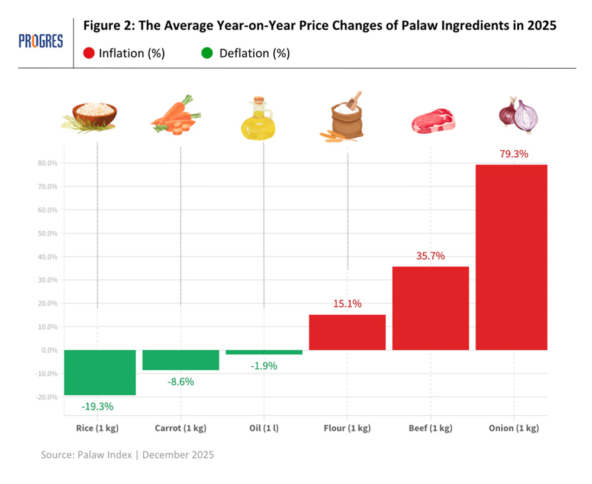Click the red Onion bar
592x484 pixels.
coord(511,257)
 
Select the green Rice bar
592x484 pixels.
coord(99,372)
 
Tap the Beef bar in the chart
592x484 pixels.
coord(430,308)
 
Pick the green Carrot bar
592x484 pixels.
coord(181,360)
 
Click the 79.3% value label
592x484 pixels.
coord(514,154)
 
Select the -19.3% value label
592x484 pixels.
coord(98,406)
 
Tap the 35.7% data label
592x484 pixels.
coord(430,256)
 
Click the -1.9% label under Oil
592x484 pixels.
coord(263,366)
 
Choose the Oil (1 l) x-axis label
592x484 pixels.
coord(263,428)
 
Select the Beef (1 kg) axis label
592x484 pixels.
coord(430,428)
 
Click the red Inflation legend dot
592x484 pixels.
coord(89,53)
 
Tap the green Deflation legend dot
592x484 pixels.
coord(207,53)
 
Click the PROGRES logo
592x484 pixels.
coord(41,41)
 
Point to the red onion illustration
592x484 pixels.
coord(519,114)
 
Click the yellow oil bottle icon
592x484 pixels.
coord(258,119)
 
